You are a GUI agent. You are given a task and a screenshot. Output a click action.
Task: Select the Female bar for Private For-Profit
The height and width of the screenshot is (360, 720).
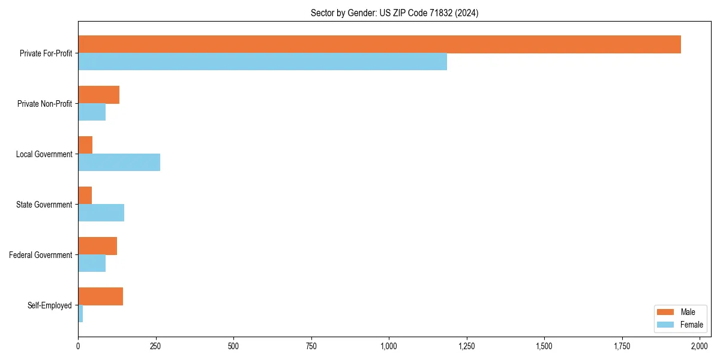[x=262, y=62]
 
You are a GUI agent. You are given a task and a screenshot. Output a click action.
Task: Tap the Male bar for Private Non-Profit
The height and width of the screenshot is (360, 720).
[x=98, y=95]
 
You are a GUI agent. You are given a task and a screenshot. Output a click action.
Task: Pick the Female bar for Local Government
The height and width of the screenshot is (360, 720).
[x=119, y=163]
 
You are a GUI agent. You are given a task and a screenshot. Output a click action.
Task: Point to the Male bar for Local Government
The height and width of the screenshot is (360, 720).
[x=85, y=145]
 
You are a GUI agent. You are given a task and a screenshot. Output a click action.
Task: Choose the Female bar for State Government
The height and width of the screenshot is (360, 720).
[x=101, y=213]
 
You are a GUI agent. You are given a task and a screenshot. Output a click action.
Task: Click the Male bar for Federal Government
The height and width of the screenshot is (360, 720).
[x=97, y=246]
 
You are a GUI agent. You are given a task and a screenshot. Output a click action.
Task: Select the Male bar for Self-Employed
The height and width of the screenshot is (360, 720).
[x=100, y=296]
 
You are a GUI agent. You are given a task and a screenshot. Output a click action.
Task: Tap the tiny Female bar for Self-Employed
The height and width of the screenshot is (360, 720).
[x=80, y=314]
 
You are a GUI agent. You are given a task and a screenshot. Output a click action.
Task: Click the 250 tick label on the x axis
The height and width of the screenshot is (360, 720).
[x=156, y=346]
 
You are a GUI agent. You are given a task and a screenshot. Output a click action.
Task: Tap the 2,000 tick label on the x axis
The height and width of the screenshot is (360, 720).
[x=700, y=346]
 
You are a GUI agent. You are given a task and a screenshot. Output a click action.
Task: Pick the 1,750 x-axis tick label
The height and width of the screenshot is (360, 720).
[x=622, y=346]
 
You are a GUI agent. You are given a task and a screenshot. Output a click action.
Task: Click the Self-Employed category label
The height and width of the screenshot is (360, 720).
[x=50, y=305]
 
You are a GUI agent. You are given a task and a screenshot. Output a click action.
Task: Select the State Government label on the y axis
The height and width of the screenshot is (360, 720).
[x=44, y=205]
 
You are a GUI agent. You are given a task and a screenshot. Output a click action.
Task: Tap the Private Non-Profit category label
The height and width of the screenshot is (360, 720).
[x=44, y=104]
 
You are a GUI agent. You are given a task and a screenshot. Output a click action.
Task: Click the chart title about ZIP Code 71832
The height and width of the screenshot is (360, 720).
[x=394, y=13]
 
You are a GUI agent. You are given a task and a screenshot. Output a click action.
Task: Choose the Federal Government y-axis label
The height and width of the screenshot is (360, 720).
[x=41, y=255]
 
